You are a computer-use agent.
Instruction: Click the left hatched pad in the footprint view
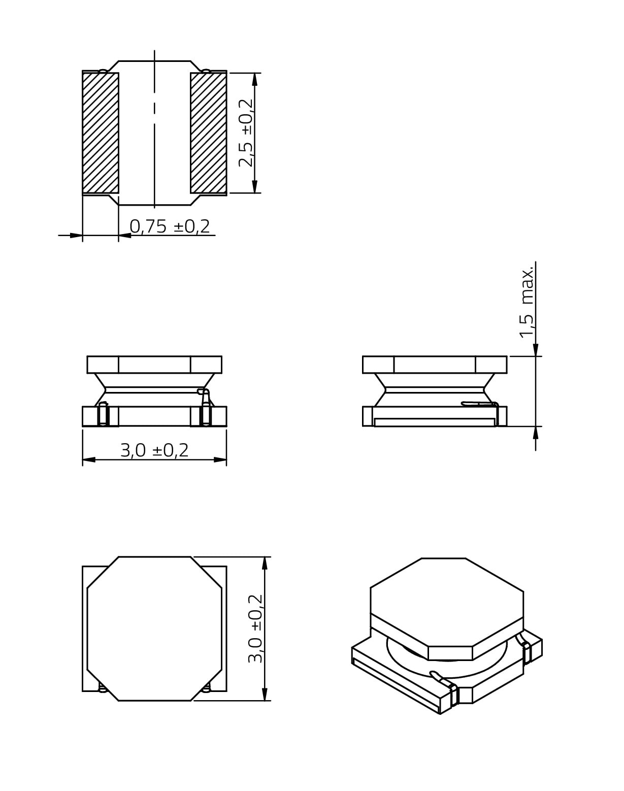[x=101, y=133]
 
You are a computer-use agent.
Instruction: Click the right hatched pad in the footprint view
[x=209, y=133]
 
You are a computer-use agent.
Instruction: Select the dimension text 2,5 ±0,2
[x=246, y=133]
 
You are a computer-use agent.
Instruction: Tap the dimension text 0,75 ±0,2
[x=170, y=226]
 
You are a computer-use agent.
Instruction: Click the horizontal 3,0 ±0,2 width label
[x=154, y=450]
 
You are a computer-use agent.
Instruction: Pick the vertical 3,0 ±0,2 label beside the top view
[x=255, y=629]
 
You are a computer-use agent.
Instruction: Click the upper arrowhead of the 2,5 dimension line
[x=255, y=79]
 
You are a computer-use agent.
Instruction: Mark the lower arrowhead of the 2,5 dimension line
[x=255, y=187]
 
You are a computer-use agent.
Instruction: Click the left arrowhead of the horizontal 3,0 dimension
[x=89, y=459]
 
